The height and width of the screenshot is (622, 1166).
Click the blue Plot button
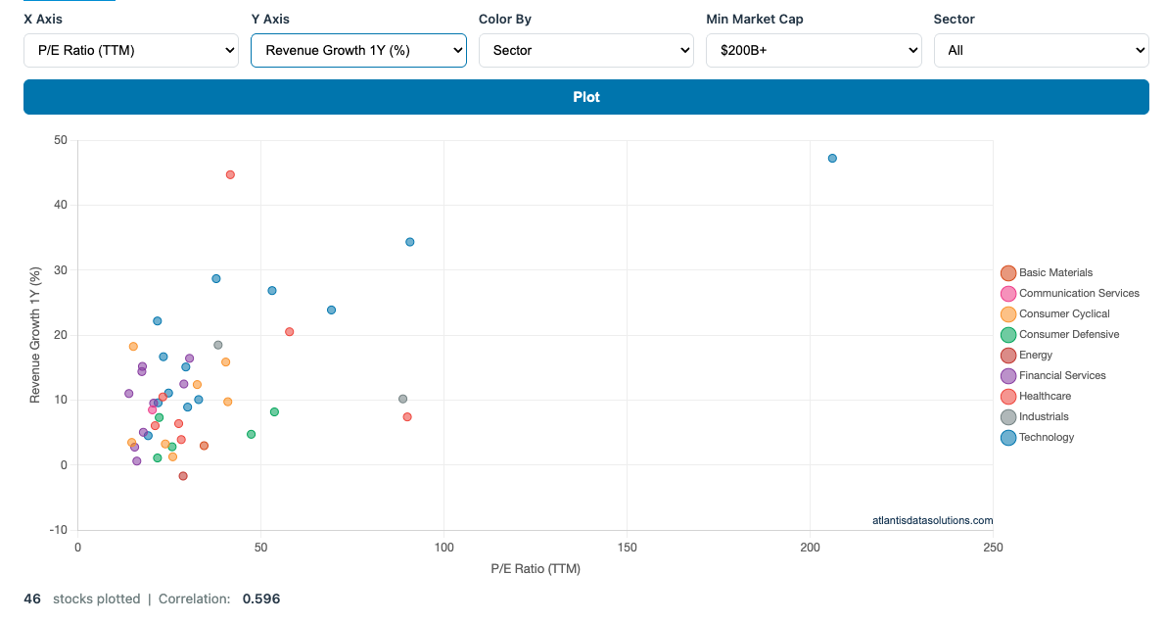tap(585, 97)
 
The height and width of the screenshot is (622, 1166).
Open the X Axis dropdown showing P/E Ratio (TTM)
tap(131, 50)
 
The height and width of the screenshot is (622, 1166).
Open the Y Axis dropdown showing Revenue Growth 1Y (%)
tap(358, 50)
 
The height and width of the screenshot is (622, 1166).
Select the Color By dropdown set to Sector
tap(585, 50)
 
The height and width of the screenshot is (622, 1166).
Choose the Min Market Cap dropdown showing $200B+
tap(813, 50)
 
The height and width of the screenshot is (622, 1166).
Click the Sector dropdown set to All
tap(1040, 50)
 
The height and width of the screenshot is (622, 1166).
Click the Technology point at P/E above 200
tap(832, 158)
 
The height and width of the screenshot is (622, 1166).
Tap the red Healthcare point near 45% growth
tap(230, 174)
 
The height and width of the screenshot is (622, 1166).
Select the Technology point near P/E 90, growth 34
tap(410, 242)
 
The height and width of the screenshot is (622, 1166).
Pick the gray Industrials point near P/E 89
tap(402, 399)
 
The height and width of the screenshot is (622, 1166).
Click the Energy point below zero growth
tap(183, 476)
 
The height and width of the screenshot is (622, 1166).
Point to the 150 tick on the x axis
tap(627, 547)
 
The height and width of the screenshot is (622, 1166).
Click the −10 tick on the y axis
tap(59, 530)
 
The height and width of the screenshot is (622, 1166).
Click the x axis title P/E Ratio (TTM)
tap(536, 568)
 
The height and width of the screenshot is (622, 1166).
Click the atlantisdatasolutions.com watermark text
tap(932, 520)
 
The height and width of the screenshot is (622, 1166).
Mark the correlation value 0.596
tap(260, 598)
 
